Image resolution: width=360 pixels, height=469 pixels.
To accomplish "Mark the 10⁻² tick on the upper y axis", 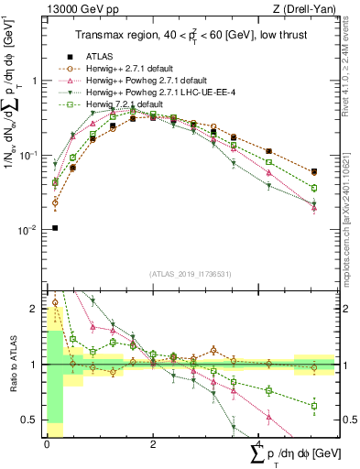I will pyautogui.click(x=29, y=230).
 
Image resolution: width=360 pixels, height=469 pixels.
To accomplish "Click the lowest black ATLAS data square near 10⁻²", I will pyautogui.click(x=55, y=228).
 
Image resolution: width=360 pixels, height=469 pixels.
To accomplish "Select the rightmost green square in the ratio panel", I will pyautogui.click(x=314, y=405).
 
